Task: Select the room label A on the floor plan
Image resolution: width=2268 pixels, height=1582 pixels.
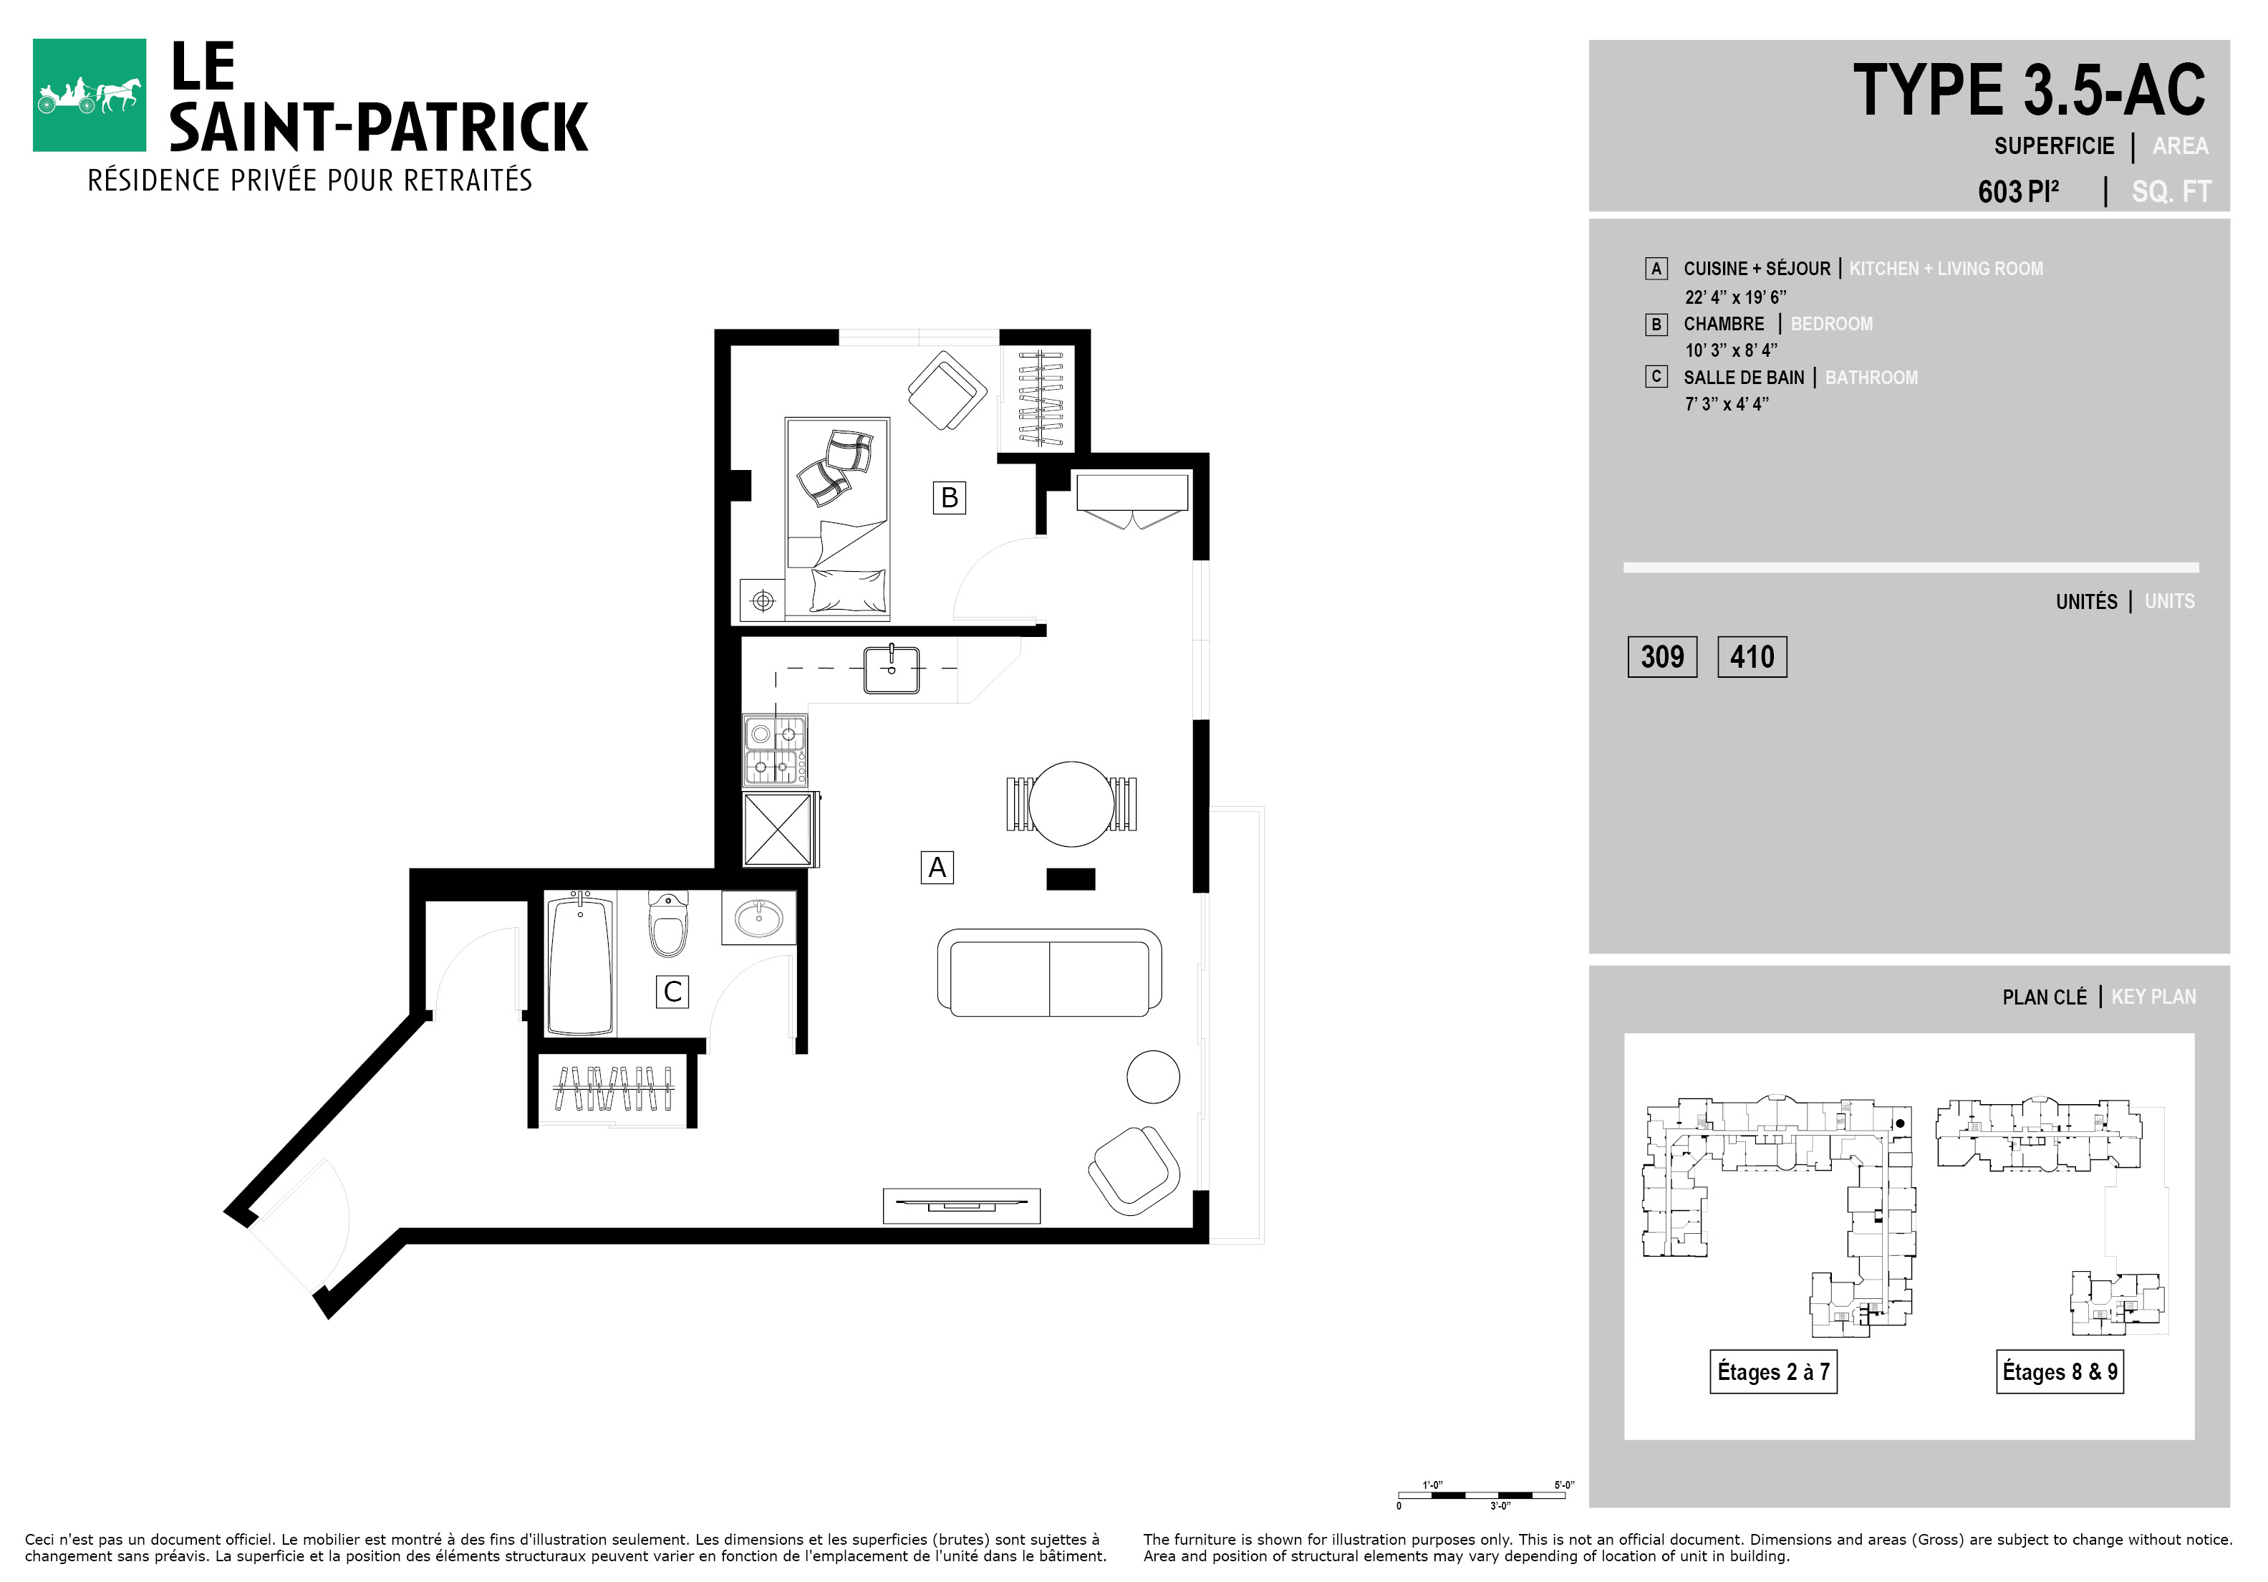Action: click(x=937, y=868)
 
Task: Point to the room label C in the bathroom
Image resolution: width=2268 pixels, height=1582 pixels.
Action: click(x=672, y=991)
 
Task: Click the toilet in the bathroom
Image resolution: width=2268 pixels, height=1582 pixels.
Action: click(x=667, y=923)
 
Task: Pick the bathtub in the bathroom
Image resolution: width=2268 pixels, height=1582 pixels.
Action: click(x=580, y=964)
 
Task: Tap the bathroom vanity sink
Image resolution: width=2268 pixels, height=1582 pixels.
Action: click(x=758, y=918)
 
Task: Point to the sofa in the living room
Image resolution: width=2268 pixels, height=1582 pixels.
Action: click(x=1049, y=972)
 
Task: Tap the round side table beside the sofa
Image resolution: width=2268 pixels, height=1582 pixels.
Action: click(x=1153, y=1076)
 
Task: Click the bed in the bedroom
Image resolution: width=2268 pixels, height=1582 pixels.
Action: click(x=838, y=519)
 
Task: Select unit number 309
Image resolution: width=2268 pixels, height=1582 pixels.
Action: click(x=1662, y=657)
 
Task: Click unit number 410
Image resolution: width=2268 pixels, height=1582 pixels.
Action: click(x=1752, y=657)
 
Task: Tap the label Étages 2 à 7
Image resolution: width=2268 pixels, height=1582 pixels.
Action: click(x=1774, y=1371)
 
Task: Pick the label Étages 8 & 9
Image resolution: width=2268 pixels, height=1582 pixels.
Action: click(x=2060, y=1371)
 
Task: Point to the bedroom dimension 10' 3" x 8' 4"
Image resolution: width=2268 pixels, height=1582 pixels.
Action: click(x=1731, y=350)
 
